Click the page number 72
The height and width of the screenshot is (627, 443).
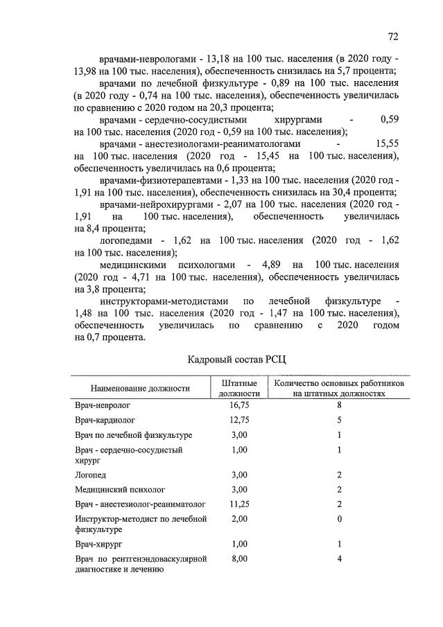click(392, 36)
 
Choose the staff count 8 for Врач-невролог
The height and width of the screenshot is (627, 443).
click(340, 404)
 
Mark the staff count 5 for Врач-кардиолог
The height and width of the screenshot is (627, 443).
click(340, 420)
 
